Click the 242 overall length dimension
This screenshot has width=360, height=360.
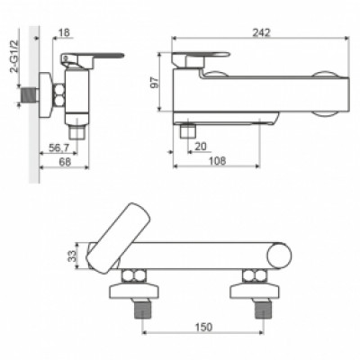pos(261,32)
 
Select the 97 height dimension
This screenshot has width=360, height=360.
pos(155,83)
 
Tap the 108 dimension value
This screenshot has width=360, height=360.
pos(217,161)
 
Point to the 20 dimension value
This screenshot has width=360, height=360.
pos(201,147)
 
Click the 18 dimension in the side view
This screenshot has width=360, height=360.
pos(65,32)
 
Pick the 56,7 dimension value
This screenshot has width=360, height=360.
pos(59,148)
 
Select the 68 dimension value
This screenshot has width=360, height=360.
pos(65,162)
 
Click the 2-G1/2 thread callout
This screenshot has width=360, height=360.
pos(14,56)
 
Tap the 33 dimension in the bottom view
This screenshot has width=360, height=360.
pos(72,256)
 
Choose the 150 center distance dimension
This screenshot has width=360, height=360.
pos(203,327)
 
